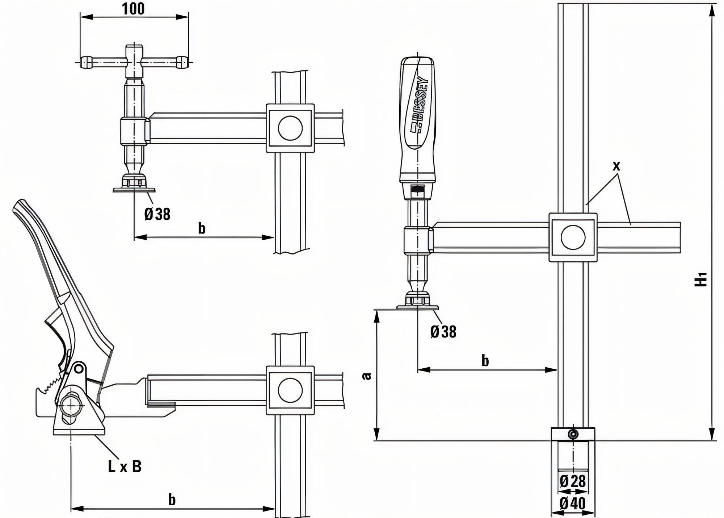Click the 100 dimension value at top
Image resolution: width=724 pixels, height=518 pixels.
point(134,9)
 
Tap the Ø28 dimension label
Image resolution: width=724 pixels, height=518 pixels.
point(573,481)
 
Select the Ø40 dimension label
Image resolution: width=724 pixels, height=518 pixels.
point(573,504)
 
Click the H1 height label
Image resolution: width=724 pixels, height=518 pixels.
point(701,279)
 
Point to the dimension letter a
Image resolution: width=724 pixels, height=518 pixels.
point(367,376)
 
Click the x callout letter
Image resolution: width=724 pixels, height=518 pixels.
point(616,166)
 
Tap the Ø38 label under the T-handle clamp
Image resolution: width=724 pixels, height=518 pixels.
point(157,214)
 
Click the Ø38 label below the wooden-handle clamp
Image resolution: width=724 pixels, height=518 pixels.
point(443,332)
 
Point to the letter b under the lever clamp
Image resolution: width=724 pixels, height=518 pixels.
point(172,500)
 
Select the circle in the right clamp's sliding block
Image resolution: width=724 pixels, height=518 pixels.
point(573,237)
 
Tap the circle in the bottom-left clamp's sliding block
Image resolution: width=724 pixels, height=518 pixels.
point(290,390)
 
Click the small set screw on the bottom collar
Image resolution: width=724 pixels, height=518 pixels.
point(573,434)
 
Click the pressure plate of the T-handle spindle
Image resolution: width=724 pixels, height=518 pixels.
point(134,190)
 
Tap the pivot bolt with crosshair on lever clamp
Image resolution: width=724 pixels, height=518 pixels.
point(71,405)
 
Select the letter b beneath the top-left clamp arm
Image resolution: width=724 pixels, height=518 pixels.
point(202,228)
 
